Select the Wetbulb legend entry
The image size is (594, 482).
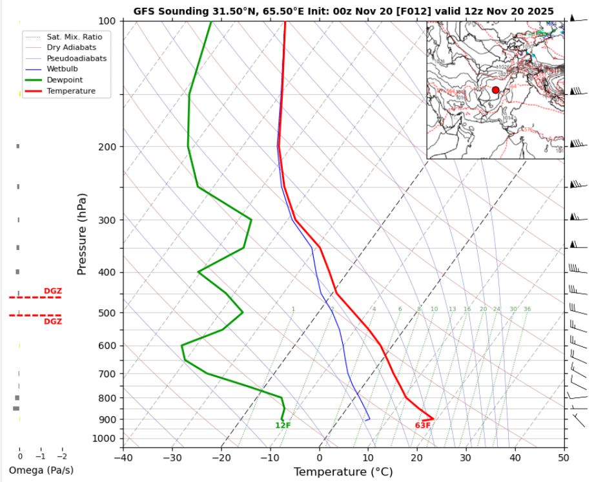click(61, 69)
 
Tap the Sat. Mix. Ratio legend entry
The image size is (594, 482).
click(74, 37)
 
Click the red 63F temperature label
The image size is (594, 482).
click(423, 425)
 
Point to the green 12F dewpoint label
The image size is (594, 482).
click(283, 425)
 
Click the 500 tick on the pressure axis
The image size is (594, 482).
click(107, 313)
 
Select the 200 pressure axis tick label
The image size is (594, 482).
click(107, 147)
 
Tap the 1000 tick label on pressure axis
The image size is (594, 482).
click(105, 439)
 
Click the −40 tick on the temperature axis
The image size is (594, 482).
click(123, 457)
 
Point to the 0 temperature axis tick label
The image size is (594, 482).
click(320, 457)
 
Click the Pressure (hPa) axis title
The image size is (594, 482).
click(82, 233)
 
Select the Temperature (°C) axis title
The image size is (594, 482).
click(343, 472)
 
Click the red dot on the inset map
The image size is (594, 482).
click(495, 90)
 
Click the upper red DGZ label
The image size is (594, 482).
click(52, 291)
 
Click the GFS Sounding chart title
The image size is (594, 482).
click(343, 11)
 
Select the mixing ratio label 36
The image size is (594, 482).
click(527, 309)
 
